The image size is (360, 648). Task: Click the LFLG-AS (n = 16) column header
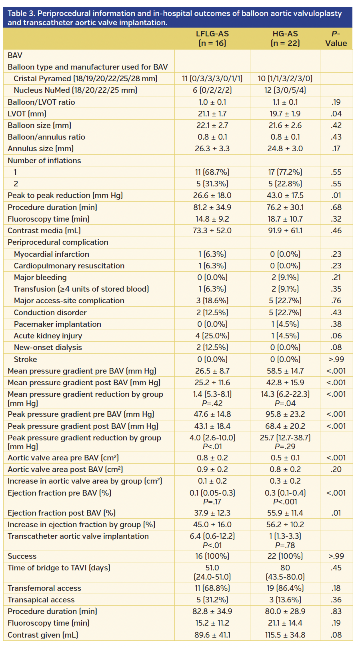tap(212, 38)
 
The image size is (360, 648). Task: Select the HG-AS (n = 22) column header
tap(285, 38)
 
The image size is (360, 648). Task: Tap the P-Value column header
tap(336, 38)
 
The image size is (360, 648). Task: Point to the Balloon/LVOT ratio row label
tap(41, 102)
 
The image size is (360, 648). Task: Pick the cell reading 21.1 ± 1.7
tap(212, 114)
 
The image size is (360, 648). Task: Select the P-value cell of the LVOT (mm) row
tap(336, 114)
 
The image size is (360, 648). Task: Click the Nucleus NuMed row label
tap(75, 90)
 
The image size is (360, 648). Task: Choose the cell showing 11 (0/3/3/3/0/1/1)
tap(212, 79)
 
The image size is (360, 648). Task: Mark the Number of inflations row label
tap(44, 161)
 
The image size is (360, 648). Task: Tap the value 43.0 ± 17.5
tap(285, 196)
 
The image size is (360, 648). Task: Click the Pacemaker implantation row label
tap(57, 324)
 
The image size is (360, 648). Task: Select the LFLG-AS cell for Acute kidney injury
tap(212, 336)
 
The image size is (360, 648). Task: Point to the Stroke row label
tap(25, 360)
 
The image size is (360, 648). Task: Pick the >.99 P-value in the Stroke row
tap(336, 360)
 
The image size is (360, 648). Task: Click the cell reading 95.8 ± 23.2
tap(285, 414)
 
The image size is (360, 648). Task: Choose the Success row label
tap(22, 556)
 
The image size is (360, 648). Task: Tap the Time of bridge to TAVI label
tap(59, 568)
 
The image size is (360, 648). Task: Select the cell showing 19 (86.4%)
tap(285, 588)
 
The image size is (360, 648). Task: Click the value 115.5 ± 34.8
tap(285, 635)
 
